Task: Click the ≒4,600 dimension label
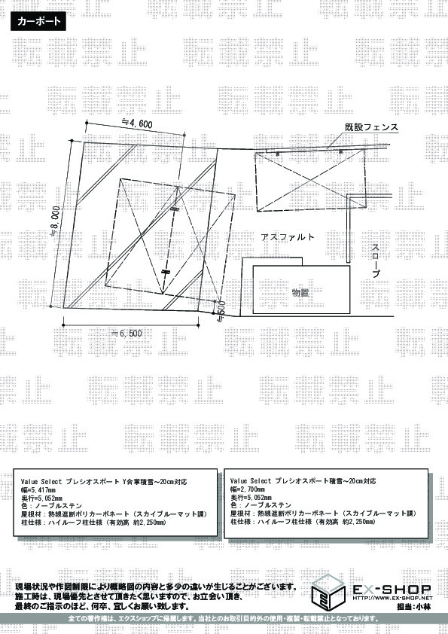point(136,123)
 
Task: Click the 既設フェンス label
point(371,127)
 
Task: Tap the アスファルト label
point(288,237)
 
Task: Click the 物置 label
point(300,292)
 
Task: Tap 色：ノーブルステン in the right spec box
point(261,505)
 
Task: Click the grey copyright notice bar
point(224,619)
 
